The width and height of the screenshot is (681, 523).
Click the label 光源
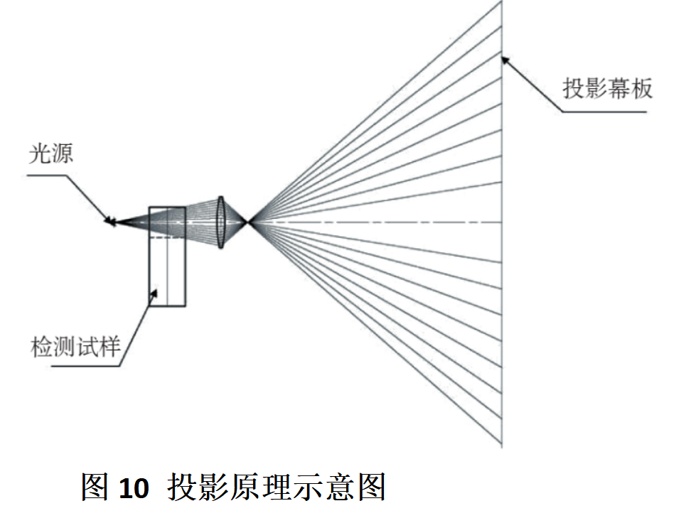pos(50,153)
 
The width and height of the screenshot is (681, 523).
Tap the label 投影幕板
pos(608,89)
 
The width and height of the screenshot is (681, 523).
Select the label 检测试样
pos(75,347)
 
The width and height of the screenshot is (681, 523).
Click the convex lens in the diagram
pos(220,222)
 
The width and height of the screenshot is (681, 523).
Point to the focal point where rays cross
pos(248,222)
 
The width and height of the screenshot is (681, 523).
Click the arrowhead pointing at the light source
pos(109,221)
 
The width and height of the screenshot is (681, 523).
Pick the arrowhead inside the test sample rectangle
pos(154,294)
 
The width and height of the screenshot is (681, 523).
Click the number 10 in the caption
pos(134,488)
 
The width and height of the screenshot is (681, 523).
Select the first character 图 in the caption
pos(95,487)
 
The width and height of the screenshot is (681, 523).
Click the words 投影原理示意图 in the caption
pos(277,487)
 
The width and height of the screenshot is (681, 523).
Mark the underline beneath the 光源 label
pos(47,176)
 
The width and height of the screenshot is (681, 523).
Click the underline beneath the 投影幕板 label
pos(604,112)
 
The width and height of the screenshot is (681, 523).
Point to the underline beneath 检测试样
pos(85,366)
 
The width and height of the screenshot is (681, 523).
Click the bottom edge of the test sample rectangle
pos(167,306)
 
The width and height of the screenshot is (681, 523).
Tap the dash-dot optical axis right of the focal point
pos(375,222)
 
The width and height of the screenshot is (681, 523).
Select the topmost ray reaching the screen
pos(375,112)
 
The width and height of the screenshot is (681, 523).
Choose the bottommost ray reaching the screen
pos(375,333)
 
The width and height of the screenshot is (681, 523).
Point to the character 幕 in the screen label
pos(619,89)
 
